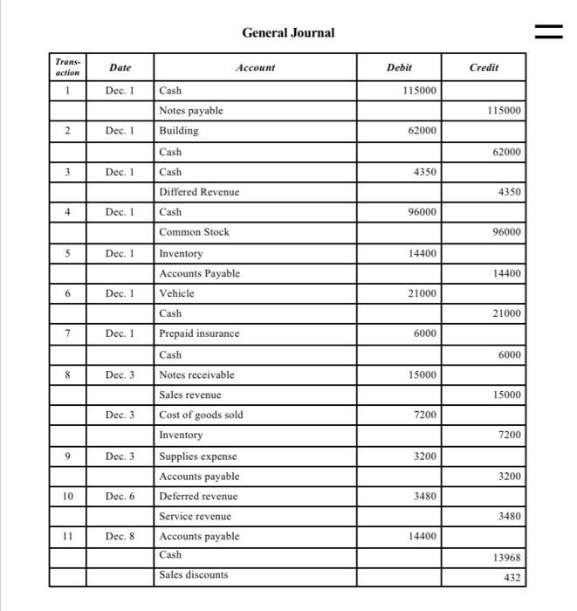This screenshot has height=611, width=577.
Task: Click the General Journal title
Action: [288, 32]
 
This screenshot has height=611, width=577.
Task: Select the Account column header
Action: [255, 67]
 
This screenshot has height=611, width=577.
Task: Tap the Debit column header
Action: [400, 67]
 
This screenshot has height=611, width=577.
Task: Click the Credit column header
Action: [484, 67]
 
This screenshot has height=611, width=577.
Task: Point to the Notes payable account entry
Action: [191, 111]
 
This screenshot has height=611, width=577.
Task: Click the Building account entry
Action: [179, 131]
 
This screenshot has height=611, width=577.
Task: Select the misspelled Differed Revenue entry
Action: [199, 191]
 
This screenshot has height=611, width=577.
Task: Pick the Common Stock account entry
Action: [194, 232]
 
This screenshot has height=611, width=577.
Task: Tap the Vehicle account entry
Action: [177, 293]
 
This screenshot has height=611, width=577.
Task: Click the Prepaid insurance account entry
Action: [199, 333]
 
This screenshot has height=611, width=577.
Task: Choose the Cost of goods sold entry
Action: [201, 415]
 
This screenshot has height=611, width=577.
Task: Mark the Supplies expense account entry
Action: [197, 456]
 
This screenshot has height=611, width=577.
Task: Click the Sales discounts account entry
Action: [193, 574]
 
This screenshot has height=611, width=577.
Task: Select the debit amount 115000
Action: [422, 91]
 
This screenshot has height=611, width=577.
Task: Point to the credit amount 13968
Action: [506, 558]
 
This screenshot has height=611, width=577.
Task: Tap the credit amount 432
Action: [512, 577]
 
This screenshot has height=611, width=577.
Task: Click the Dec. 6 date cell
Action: [120, 496]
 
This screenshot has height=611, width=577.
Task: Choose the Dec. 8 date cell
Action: [120, 536]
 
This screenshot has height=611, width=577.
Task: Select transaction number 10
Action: [66, 496]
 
